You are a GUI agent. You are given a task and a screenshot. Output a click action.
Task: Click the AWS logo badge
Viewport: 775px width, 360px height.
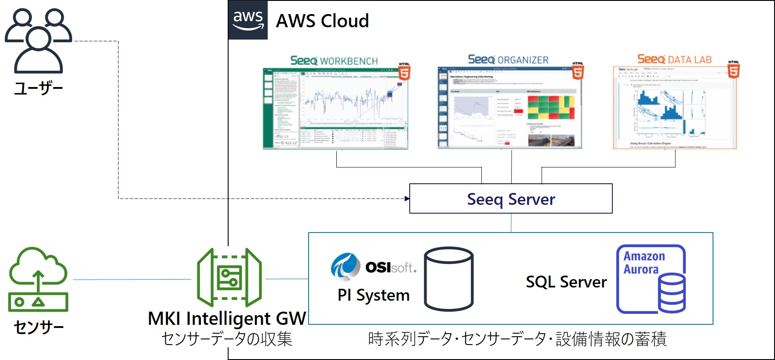coord(248,20)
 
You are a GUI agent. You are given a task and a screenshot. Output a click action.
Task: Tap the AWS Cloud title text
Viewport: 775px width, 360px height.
coord(322,21)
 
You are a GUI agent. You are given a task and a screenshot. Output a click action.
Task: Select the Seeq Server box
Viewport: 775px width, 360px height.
coord(510,199)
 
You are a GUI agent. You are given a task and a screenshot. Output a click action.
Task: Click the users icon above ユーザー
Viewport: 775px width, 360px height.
coord(38,40)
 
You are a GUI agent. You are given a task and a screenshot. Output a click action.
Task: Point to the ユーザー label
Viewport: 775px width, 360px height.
coord(39,88)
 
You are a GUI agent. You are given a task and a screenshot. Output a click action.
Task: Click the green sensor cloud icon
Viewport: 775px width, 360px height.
coord(38,279)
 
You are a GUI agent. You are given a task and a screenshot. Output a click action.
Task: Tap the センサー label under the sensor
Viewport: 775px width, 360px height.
coord(39,327)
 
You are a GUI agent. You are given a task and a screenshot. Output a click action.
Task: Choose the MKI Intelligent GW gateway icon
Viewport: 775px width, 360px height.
coord(229,277)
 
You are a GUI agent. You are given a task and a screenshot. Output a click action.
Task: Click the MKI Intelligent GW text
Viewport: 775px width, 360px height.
coord(227,319)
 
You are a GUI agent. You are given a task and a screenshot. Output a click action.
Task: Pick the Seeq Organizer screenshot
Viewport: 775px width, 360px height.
coord(509,108)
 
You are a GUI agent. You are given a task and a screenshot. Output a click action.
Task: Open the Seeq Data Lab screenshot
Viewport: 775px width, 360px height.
coord(674,108)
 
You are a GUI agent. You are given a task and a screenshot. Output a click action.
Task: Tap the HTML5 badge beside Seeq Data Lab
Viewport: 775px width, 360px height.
coord(733,70)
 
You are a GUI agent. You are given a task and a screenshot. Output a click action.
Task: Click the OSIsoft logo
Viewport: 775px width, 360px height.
coord(374,266)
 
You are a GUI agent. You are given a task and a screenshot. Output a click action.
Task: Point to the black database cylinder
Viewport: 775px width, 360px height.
coord(448,279)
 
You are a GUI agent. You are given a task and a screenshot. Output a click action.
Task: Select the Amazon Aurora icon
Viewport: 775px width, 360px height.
coord(651,279)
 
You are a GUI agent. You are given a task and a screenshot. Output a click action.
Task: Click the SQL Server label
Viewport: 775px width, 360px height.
coord(566,282)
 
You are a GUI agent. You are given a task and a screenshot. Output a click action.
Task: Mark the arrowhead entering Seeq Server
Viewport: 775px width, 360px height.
coord(407,199)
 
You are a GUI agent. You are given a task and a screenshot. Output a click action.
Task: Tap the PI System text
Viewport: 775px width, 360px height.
coord(373,295)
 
